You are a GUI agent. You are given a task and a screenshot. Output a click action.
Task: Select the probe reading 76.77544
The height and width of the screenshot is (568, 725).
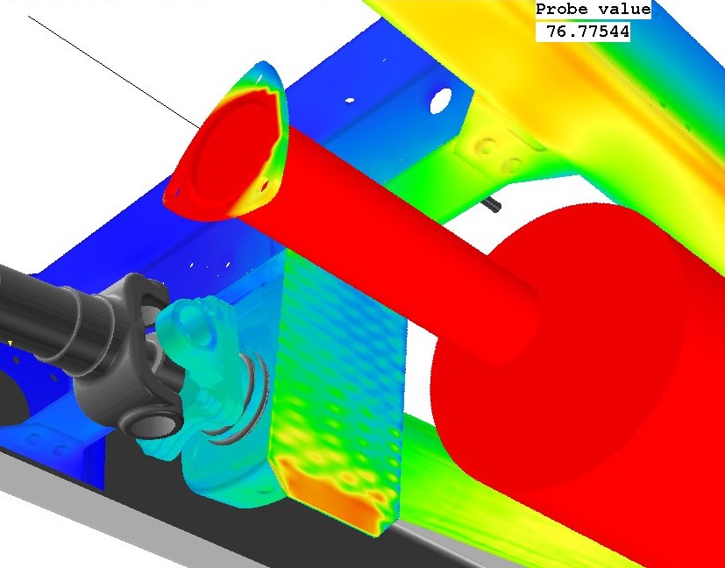[x=587, y=32]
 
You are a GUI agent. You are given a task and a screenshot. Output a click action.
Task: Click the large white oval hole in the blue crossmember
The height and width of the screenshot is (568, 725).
[x=441, y=101]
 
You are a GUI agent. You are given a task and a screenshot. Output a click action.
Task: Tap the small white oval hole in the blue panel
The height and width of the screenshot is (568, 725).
[x=350, y=100]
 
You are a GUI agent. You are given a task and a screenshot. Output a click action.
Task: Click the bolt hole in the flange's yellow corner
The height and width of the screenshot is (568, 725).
[x=264, y=185]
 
